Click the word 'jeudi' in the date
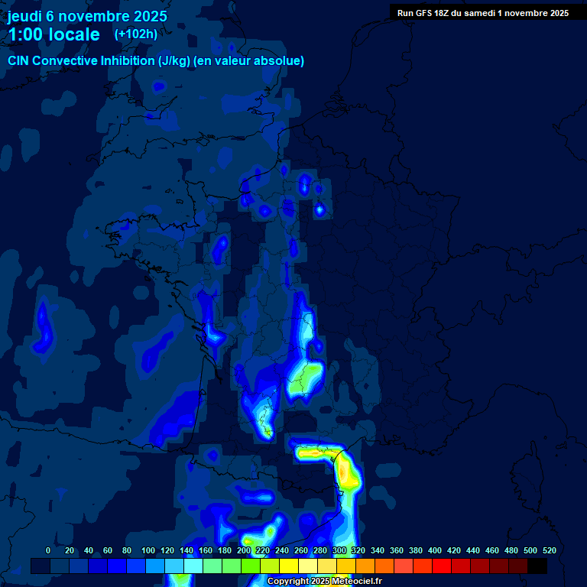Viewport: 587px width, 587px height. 24,16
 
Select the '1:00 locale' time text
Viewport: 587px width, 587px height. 54,34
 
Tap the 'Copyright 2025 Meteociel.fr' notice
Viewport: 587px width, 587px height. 324,582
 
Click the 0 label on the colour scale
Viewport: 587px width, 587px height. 48,550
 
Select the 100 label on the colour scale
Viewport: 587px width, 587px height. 148,550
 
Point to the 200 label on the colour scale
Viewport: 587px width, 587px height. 244,550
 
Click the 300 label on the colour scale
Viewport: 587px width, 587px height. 339,550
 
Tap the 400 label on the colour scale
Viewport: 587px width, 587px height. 435,550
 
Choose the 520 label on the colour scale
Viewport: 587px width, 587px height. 549,550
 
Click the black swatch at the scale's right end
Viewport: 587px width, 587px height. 537,566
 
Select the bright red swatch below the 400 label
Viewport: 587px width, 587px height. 442,566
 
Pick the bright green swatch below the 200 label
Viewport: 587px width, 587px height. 251,566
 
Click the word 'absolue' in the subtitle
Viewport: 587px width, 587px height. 280,60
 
